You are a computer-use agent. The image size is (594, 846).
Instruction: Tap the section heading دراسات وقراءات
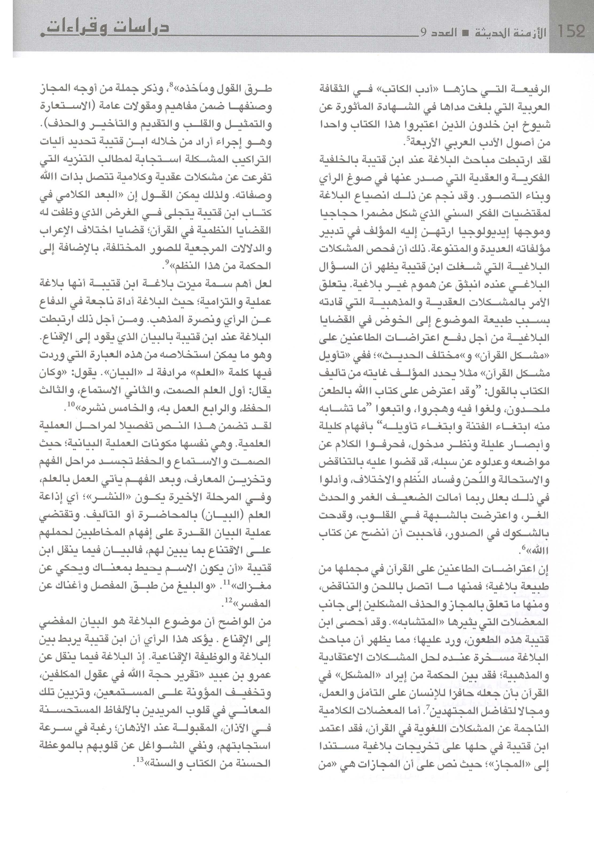105,29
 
